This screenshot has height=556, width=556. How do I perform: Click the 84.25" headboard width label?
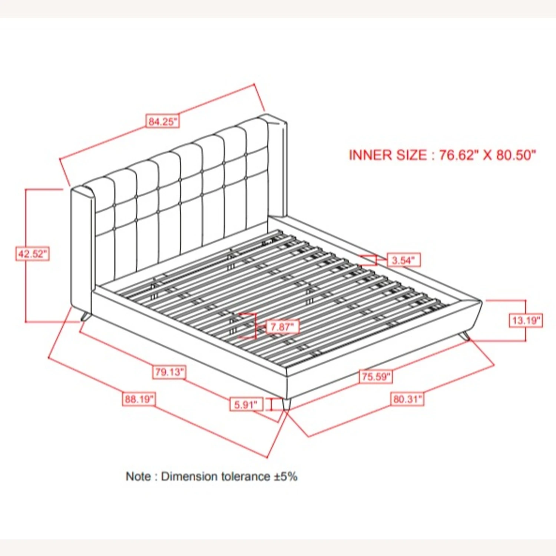click(x=163, y=121)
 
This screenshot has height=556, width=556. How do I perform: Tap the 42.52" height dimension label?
click(x=32, y=254)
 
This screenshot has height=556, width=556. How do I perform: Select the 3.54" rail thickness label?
click(x=404, y=260)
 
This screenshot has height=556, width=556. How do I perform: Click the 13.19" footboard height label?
click(x=526, y=320)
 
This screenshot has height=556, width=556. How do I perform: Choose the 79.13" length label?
click(x=169, y=372)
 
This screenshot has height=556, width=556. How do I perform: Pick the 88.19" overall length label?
click(x=139, y=399)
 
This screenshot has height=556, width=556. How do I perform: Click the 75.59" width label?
click(x=376, y=377)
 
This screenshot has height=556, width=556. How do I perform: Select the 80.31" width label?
click(x=407, y=399)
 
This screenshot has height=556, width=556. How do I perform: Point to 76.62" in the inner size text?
click(x=457, y=155)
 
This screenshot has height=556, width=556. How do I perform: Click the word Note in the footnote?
click(x=138, y=476)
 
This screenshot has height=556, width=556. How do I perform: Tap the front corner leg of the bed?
click(x=286, y=404)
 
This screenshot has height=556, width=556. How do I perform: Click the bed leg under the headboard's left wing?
click(x=85, y=317)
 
